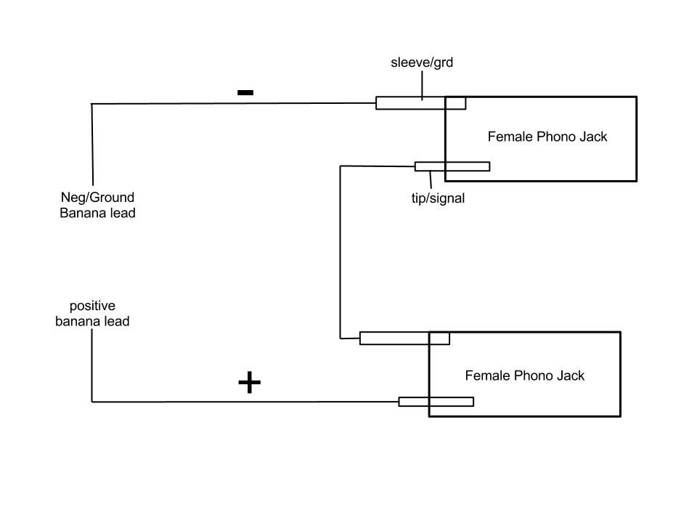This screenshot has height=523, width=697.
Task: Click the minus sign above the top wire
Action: pos(245,92)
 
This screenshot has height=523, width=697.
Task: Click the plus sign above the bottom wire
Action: pos(249,382)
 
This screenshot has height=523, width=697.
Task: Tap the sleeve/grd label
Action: pos(421,62)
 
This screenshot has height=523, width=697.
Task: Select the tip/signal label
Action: pos(438,198)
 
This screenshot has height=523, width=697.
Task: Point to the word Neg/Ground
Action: pos(97,197)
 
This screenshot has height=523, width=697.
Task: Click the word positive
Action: pos(92,306)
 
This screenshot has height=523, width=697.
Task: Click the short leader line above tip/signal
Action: pos(431,179)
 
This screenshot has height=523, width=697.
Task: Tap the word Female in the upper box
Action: pos(510,137)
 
